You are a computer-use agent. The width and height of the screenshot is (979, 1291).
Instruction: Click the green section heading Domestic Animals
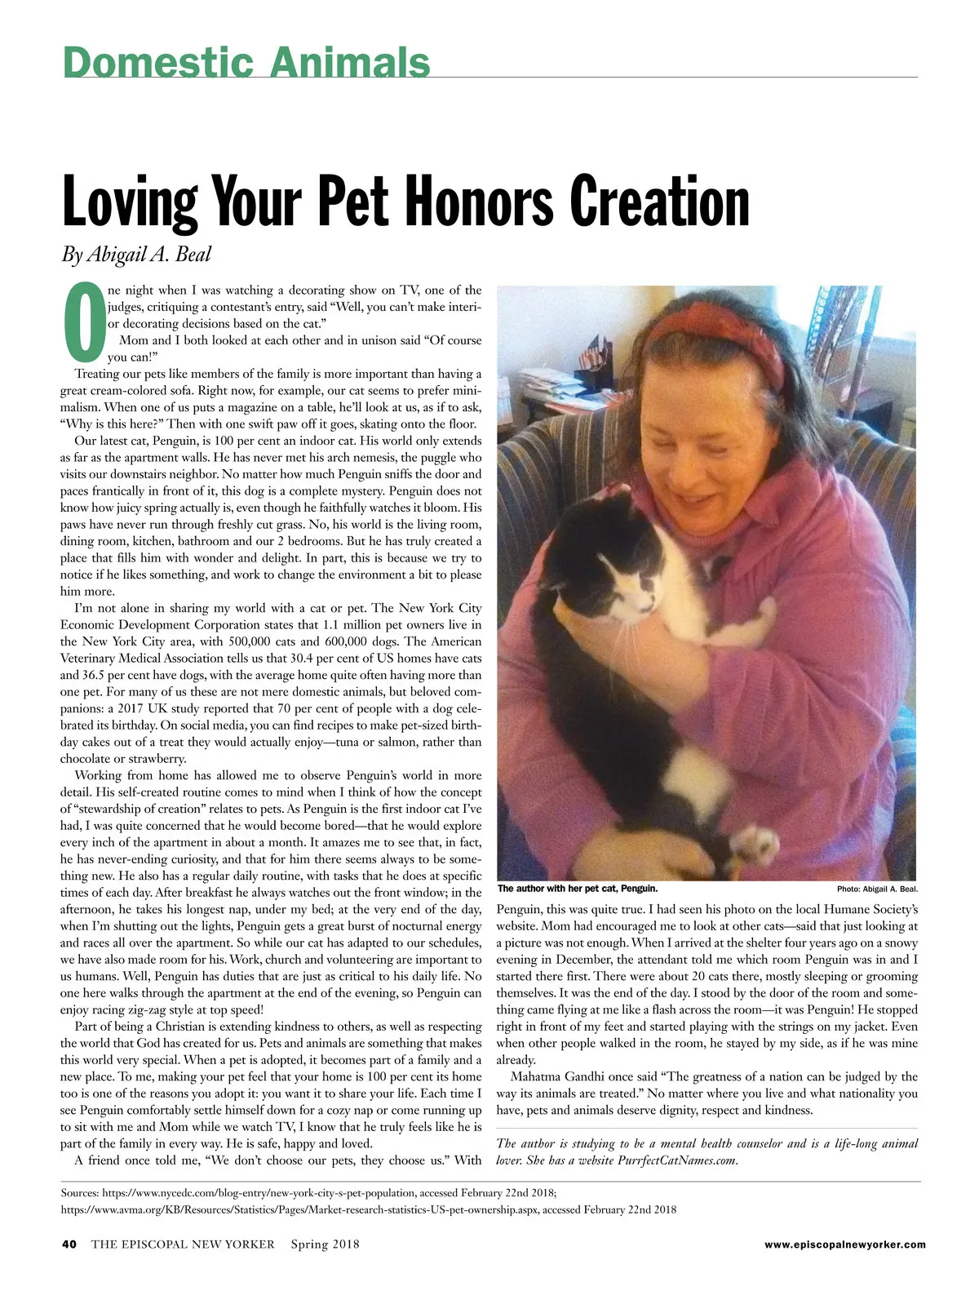pos(246,62)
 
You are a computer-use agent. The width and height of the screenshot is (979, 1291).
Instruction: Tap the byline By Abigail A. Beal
pos(136,254)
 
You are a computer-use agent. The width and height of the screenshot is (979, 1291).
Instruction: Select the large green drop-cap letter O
pos(82,324)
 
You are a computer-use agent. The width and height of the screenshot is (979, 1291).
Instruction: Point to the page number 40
pos(69,1244)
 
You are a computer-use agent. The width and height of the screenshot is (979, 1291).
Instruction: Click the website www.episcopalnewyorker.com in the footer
pos(844,1244)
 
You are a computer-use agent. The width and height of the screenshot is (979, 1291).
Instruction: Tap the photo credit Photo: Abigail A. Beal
pos(876,889)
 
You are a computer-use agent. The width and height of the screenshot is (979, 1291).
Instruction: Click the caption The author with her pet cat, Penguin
pos(577,889)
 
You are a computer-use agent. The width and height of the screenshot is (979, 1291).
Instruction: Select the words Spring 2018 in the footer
pos(325,1244)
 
